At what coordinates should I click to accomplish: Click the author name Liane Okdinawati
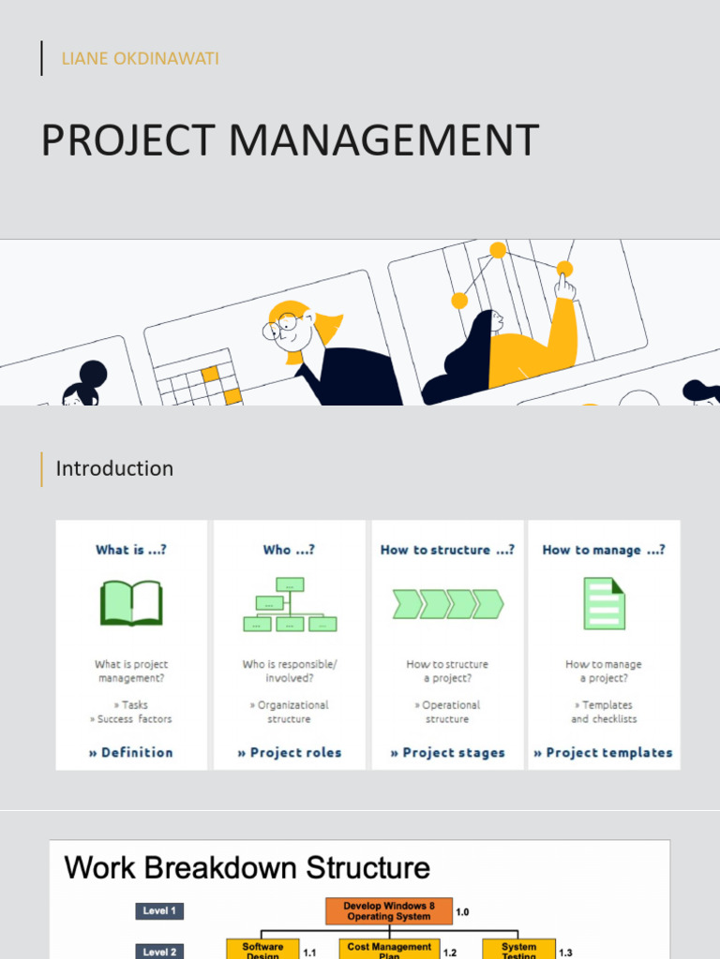[x=140, y=59]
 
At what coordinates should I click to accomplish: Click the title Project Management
[x=290, y=140]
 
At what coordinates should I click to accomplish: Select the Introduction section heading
[x=114, y=468]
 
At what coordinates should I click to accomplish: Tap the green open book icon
[x=131, y=603]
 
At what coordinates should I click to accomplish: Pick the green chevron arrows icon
[x=447, y=604]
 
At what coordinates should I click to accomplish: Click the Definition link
[x=131, y=752]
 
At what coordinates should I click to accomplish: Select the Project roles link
[x=290, y=752]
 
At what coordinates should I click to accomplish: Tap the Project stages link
[x=447, y=752]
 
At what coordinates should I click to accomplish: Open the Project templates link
[x=604, y=752]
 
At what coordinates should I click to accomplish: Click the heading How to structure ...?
[x=447, y=550]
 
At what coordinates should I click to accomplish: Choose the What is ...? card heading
[x=131, y=550]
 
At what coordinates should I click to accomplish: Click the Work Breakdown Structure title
[x=247, y=867]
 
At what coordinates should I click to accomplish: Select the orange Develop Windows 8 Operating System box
[x=389, y=911]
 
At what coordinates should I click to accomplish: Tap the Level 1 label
[x=159, y=910]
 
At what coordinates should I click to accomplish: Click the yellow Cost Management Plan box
[x=389, y=950]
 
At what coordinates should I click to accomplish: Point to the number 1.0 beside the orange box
[x=462, y=911]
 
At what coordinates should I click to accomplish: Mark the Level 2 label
[x=159, y=952]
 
